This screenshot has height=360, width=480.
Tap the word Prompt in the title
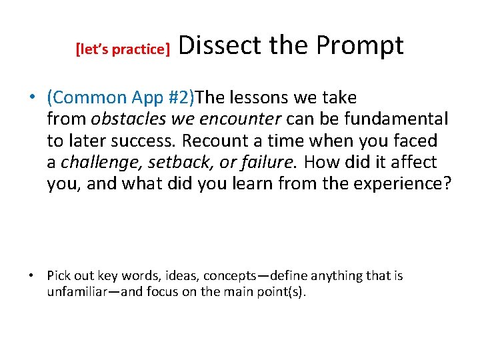[x=359, y=45]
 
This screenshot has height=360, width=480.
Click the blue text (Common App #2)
[x=121, y=98]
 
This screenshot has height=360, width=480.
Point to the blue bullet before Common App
[x=32, y=98]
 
